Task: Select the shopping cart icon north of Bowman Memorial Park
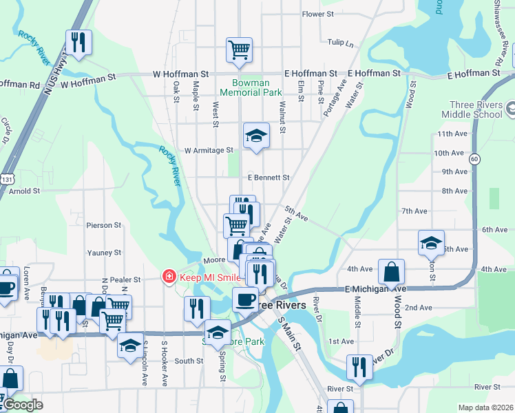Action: coord(239,50)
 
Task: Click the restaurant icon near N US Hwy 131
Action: coord(78,43)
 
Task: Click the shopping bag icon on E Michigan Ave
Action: coord(391,271)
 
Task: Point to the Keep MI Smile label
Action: coord(210,277)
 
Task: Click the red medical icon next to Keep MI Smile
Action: coord(167,277)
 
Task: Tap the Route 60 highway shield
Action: coord(474,159)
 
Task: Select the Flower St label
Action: coord(317,14)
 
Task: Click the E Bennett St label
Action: coord(268,177)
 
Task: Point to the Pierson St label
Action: coord(103,225)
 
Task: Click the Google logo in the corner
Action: coord(23,405)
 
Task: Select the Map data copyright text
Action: coord(485,407)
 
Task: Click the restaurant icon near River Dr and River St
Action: coord(359,368)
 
